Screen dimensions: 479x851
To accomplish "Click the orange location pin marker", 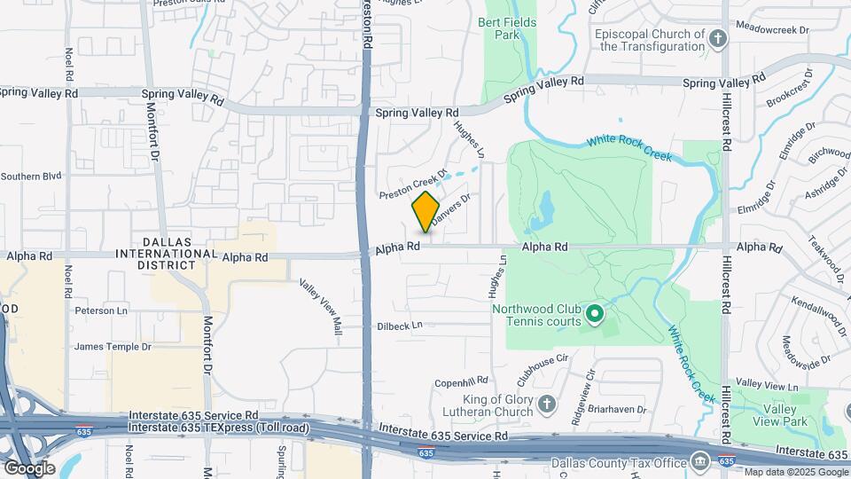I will point(425,211).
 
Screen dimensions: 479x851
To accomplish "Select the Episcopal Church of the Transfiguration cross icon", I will point(718,38).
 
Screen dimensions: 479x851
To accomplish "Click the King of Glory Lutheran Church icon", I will point(547,404).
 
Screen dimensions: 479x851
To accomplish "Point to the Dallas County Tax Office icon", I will point(700,461).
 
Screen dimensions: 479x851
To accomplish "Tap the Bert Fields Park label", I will point(498,28).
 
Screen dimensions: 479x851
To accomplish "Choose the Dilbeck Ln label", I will point(399,326).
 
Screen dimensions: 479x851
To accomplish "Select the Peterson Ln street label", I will point(101,311).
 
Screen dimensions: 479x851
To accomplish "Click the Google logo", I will point(29,467).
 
